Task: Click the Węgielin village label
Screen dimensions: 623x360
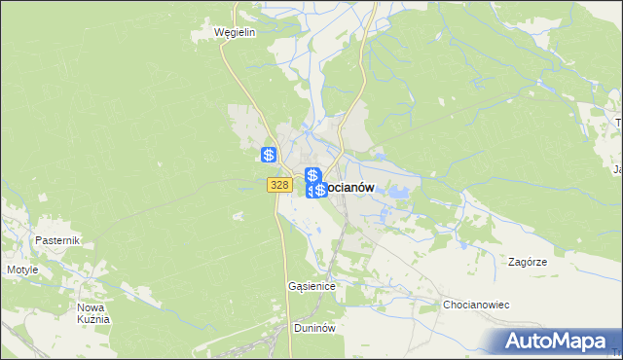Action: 235,32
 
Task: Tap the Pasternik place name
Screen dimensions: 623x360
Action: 56,240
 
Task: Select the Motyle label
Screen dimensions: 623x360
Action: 22,270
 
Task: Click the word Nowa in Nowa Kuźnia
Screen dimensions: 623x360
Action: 92,307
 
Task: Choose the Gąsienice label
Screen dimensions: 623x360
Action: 311,287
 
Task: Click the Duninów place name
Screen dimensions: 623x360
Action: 314,329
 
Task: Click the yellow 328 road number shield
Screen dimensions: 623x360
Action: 279,185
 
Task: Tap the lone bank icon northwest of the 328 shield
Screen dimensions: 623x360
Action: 270,155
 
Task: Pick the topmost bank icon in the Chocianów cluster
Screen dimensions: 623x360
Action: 312,175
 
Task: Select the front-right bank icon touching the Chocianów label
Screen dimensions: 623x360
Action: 320,190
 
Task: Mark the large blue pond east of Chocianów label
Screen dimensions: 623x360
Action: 396,193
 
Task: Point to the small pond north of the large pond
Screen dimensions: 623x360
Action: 379,155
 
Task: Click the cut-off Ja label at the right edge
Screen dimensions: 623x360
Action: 617,170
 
